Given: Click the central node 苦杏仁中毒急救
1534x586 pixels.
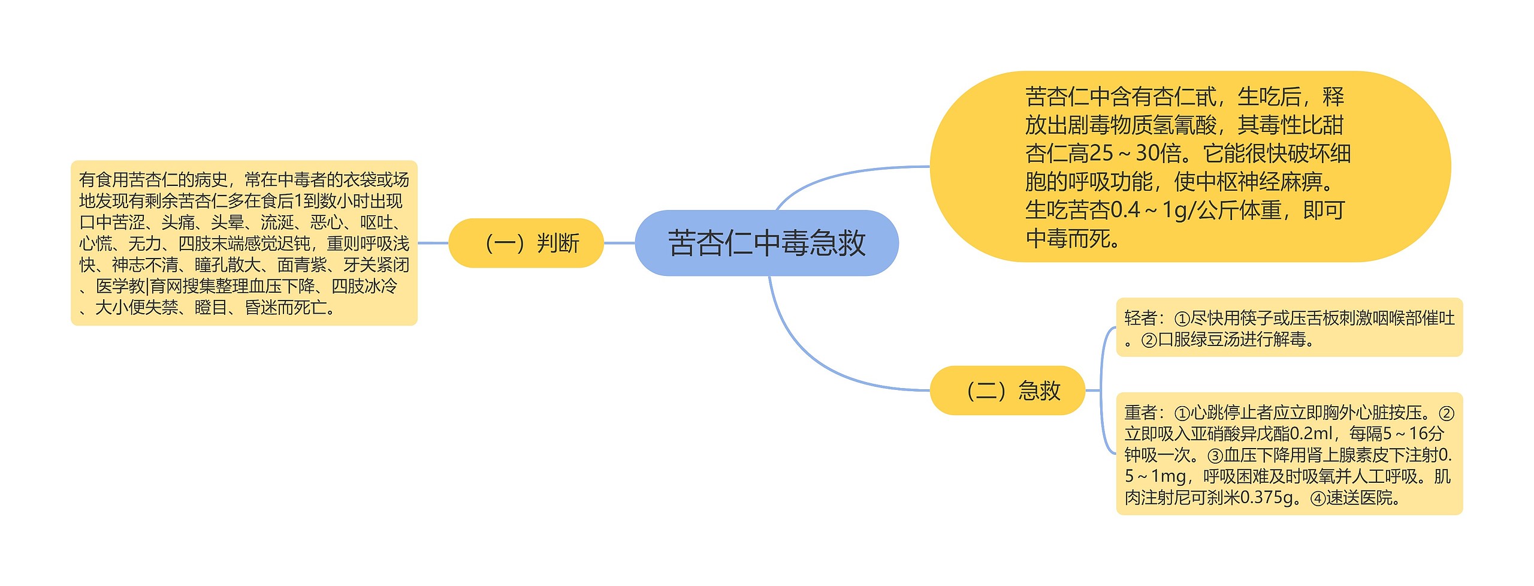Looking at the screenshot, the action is pos(766,243).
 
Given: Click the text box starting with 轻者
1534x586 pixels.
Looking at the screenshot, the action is pos(1289,327).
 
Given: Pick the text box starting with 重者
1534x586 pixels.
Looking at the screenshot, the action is pos(1289,454).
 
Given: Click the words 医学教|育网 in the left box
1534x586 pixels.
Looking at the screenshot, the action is pos(140,287).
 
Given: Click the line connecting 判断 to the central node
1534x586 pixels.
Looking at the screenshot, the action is pos(619,243).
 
